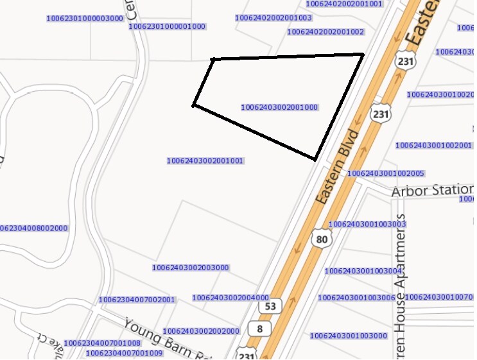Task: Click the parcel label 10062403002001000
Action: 279,108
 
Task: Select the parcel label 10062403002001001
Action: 204,160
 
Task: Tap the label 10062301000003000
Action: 85,19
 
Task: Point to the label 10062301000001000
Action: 167,27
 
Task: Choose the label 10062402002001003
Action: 273,18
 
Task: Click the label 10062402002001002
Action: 325,31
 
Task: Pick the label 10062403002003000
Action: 191,268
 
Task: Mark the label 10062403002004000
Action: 230,298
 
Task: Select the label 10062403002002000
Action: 201,331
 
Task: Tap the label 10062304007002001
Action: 137,300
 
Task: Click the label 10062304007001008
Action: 102,343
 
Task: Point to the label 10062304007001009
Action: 124,353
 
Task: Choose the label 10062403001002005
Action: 385,173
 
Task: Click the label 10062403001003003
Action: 367,224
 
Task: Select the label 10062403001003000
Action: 349,336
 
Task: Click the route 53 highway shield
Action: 270,306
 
